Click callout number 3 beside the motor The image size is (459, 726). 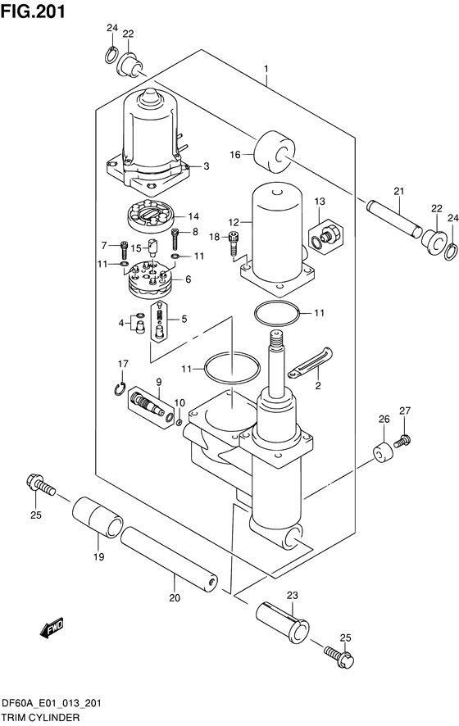206,166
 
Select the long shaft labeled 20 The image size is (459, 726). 170,559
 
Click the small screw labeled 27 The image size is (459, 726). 402,441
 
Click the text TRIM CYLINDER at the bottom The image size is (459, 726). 40,716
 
